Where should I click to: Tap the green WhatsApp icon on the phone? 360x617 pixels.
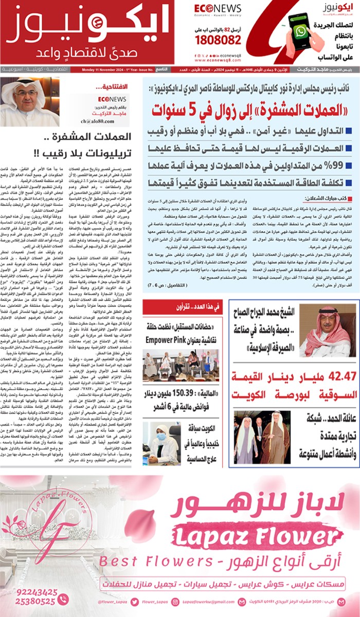(x=300, y=31)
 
